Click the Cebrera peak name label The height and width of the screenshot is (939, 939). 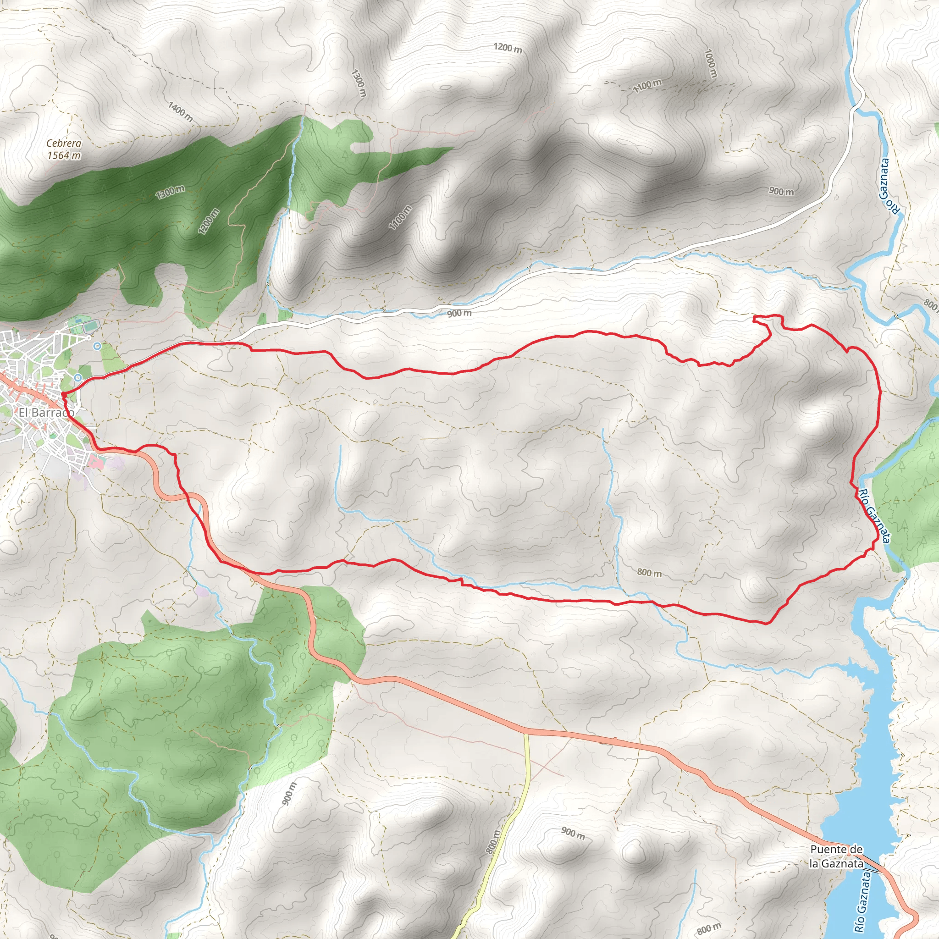point(64,144)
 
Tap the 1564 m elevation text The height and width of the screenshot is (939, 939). point(64,155)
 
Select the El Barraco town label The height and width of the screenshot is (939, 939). point(47,413)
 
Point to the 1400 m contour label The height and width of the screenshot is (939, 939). point(181,112)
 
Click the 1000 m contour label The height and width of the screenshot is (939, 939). point(710,64)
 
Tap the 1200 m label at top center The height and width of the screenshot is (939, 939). point(508,48)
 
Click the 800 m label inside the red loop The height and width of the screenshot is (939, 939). point(649,573)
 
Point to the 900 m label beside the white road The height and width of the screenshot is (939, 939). point(459,314)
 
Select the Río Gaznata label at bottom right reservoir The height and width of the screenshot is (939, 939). point(862,902)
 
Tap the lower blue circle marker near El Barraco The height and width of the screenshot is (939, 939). point(78,377)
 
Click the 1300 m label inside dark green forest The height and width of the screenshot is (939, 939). point(170,193)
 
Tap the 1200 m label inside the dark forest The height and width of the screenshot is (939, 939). point(210,221)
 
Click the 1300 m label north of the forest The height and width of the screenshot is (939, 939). point(358,83)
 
